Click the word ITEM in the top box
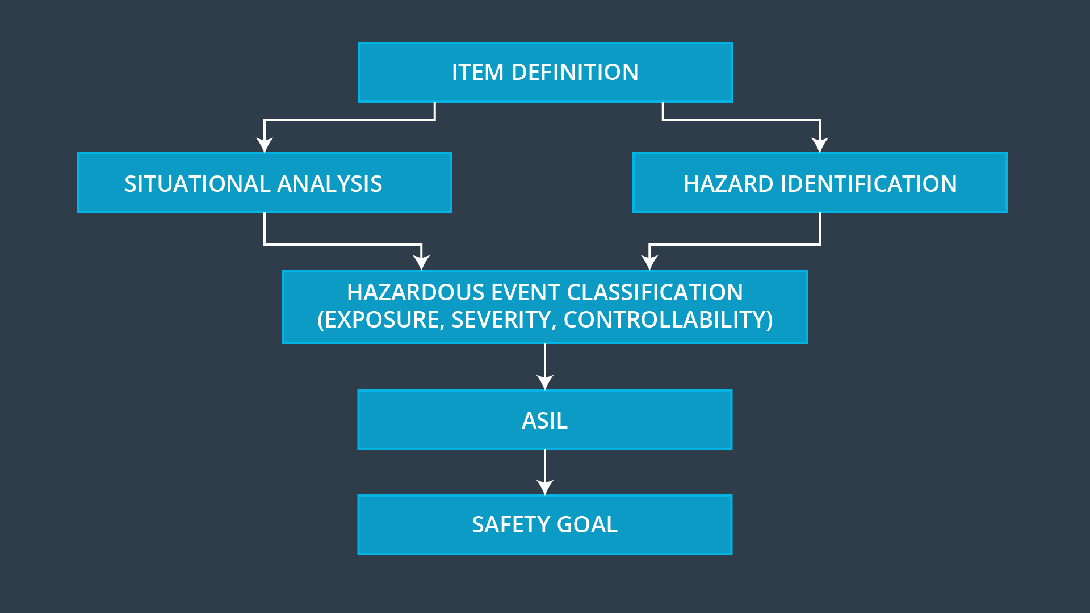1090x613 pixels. point(477,73)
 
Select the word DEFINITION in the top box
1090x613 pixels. point(575,73)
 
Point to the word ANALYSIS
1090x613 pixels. point(329,184)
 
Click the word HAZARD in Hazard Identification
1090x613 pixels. point(728,184)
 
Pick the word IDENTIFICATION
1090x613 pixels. point(869,184)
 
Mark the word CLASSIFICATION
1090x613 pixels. point(655,293)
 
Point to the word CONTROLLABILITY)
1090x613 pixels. point(668,320)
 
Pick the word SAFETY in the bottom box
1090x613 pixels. point(511,525)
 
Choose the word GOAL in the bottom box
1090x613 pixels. point(587,525)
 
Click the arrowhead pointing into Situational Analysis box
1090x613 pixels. point(265,145)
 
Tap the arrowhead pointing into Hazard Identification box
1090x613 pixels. point(820,145)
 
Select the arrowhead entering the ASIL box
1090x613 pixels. point(545,383)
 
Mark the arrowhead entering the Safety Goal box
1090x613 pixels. point(545,488)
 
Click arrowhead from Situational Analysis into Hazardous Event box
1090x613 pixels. point(421,263)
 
